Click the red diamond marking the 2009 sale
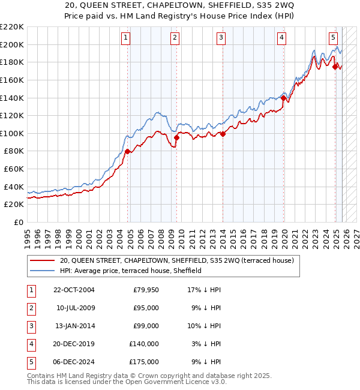[176, 137]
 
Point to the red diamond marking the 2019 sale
[283, 98]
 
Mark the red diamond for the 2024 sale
[335, 67]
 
